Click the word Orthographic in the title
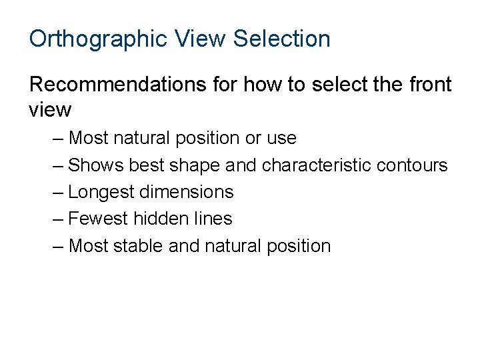[97, 39]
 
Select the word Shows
[96, 165]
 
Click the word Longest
[101, 193]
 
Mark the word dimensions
[186, 193]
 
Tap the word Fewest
[99, 219]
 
